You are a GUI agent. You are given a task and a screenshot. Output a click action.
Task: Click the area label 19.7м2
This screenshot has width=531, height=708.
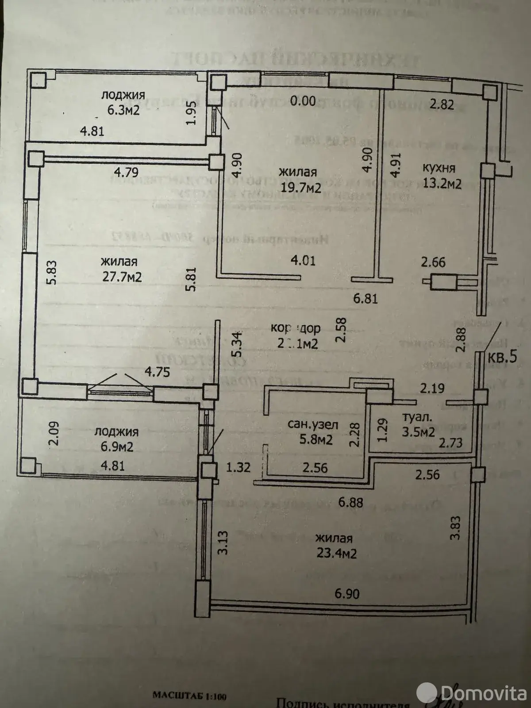click(x=300, y=188)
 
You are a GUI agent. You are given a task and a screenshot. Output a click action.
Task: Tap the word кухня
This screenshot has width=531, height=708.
click(x=439, y=168)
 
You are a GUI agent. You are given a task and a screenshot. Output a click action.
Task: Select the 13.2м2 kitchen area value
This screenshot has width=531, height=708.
click(x=441, y=184)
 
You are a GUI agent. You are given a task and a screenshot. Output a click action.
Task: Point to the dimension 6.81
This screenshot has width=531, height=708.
click(x=365, y=299)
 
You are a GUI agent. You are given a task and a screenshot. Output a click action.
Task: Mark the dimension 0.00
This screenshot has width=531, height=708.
click(x=304, y=101)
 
